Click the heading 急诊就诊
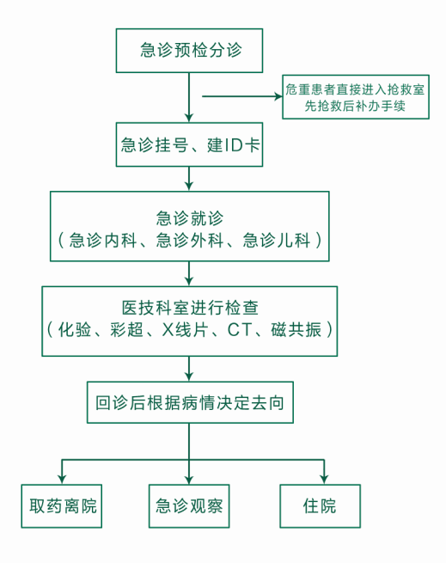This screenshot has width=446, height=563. click(190, 218)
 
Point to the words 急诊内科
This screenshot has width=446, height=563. click(103, 240)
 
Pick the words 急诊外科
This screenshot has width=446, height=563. click(190, 240)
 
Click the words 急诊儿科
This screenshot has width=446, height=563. click(276, 240)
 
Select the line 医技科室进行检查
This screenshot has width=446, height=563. click(190, 308)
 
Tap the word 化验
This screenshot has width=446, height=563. click(75, 329)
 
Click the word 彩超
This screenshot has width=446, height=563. click(127, 329)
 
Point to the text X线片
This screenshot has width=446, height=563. click(185, 329)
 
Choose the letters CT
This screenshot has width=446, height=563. click(240, 329)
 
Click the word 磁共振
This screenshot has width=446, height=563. click(296, 329)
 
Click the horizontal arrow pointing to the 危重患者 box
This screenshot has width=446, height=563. click(242, 96)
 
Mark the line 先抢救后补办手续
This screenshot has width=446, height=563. click(355, 106)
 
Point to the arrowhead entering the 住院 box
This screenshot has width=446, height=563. click(324, 480)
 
